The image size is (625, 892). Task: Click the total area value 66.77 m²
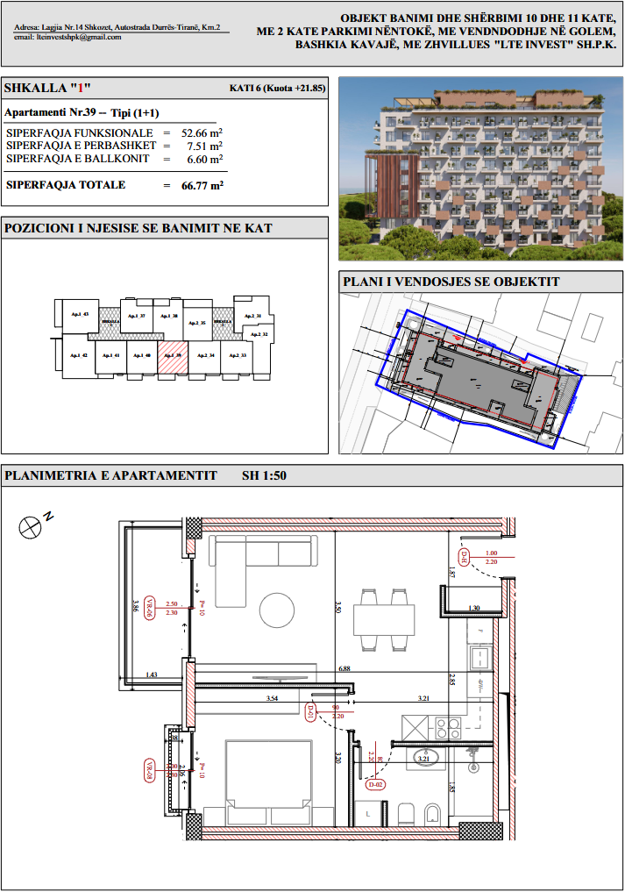click(x=202, y=185)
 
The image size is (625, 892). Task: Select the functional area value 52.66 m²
click(x=202, y=132)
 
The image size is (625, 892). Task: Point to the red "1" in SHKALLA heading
click(x=77, y=89)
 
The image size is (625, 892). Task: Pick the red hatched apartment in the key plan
click(x=173, y=356)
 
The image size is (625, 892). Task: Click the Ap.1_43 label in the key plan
click(x=82, y=314)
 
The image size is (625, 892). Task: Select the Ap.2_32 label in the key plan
click(x=259, y=334)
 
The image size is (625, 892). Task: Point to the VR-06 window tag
click(x=150, y=608)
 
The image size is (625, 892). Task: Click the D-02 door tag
click(x=376, y=784)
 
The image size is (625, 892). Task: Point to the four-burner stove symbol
click(x=449, y=728)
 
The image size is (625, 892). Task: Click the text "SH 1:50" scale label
click(x=264, y=476)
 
